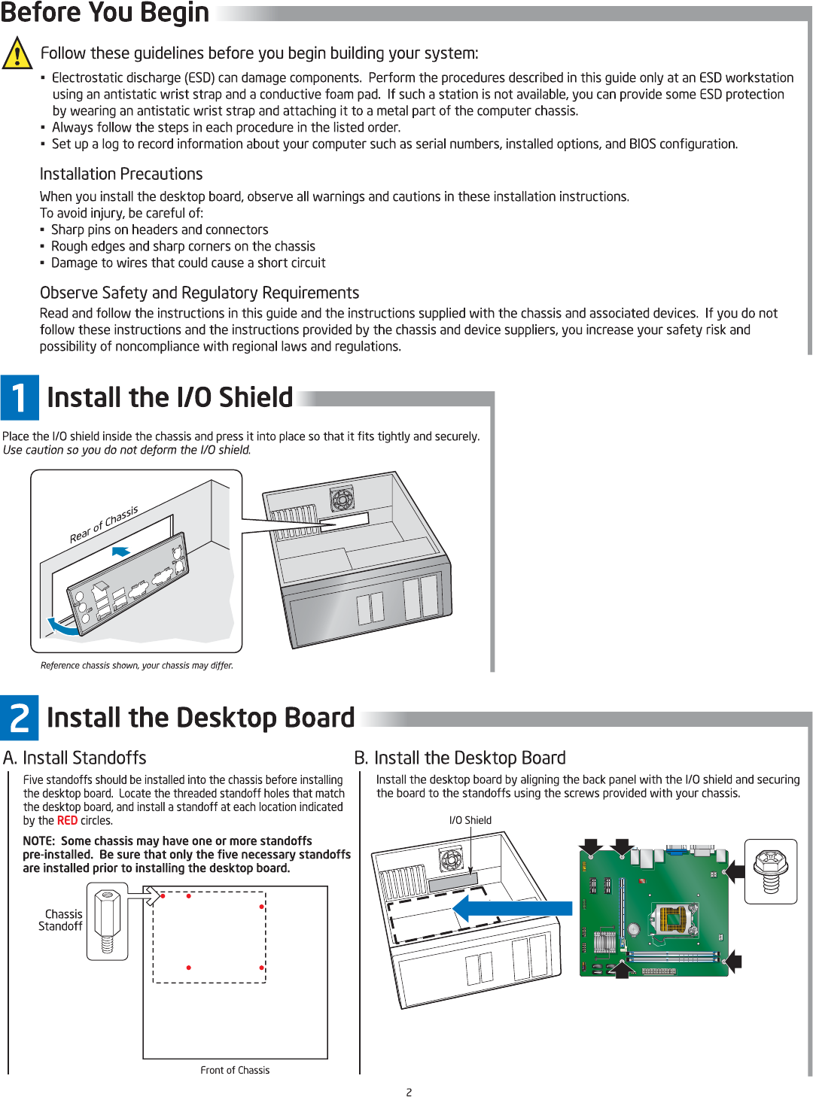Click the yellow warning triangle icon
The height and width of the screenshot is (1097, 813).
pos(17,53)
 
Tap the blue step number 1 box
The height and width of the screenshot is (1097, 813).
pos(20,397)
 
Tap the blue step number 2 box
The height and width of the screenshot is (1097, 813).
pos(20,718)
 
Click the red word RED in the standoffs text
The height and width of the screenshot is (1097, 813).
pos(67,821)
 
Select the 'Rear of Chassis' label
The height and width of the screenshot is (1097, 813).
pos(104,524)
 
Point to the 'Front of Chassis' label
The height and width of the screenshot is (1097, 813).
pos(235,1070)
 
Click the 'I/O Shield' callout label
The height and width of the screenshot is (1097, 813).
pos(470,820)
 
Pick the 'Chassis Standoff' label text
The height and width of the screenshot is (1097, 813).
pos(62,920)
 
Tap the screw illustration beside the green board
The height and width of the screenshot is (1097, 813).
pos(771,871)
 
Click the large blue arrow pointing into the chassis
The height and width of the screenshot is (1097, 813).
pos(512,908)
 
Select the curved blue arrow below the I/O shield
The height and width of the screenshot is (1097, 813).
pos(63,627)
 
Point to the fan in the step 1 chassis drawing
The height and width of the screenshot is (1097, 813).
pos(342,498)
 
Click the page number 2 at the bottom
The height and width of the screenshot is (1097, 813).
pos(409,1092)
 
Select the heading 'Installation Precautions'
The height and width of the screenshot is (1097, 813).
pos(121,174)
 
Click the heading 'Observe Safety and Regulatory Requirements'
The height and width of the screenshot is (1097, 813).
pos(199,293)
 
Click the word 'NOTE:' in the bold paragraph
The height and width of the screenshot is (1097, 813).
pos(39,841)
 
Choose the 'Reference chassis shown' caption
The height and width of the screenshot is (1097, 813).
pos(137,665)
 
